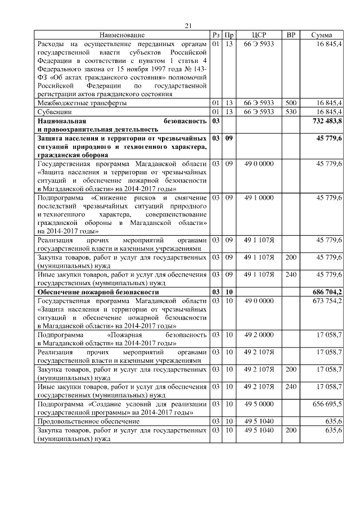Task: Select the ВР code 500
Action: (x=291, y=103)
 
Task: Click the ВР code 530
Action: (x=291, y=112)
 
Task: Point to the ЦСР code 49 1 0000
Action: (x=259, y=198)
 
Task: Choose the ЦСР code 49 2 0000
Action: (x=259, y=335)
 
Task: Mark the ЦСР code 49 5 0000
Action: (x=259, y=404)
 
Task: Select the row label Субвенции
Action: (x=53, y=112)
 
